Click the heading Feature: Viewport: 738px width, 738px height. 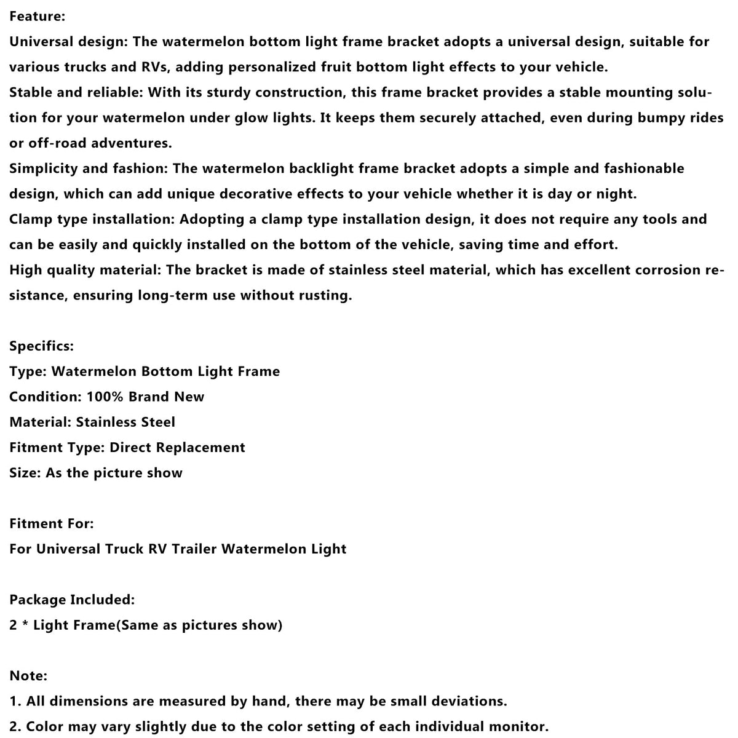pos(37,17)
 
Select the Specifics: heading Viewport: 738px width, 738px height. pos(41,346)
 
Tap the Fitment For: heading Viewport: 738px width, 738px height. pos(52,523)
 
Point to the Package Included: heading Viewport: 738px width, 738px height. pos(72,600)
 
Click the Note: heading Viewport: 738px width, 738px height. pos(28,675)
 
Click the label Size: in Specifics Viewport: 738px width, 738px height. pos(25,473)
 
